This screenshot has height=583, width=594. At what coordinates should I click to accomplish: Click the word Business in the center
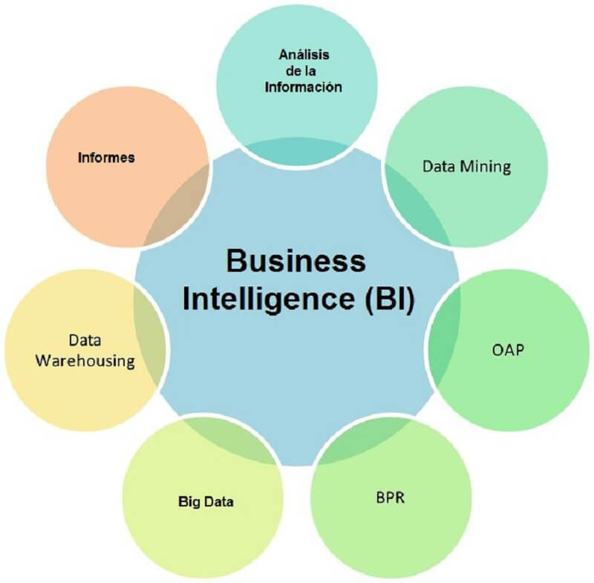tap(296, 261)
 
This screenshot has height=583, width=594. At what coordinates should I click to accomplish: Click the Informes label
tap(105, 157)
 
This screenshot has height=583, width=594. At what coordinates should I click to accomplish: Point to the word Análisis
tap(303, 55)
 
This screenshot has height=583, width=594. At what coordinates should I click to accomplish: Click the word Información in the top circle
tap(303, 87)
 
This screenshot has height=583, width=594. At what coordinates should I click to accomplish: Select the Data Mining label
tap(466, 166)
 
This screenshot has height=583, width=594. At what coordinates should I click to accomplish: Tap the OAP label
tap(508, 348)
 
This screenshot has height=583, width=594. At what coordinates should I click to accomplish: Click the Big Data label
tap(206, 502)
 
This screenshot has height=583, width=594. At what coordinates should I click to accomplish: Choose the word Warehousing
tap(87, 362)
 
